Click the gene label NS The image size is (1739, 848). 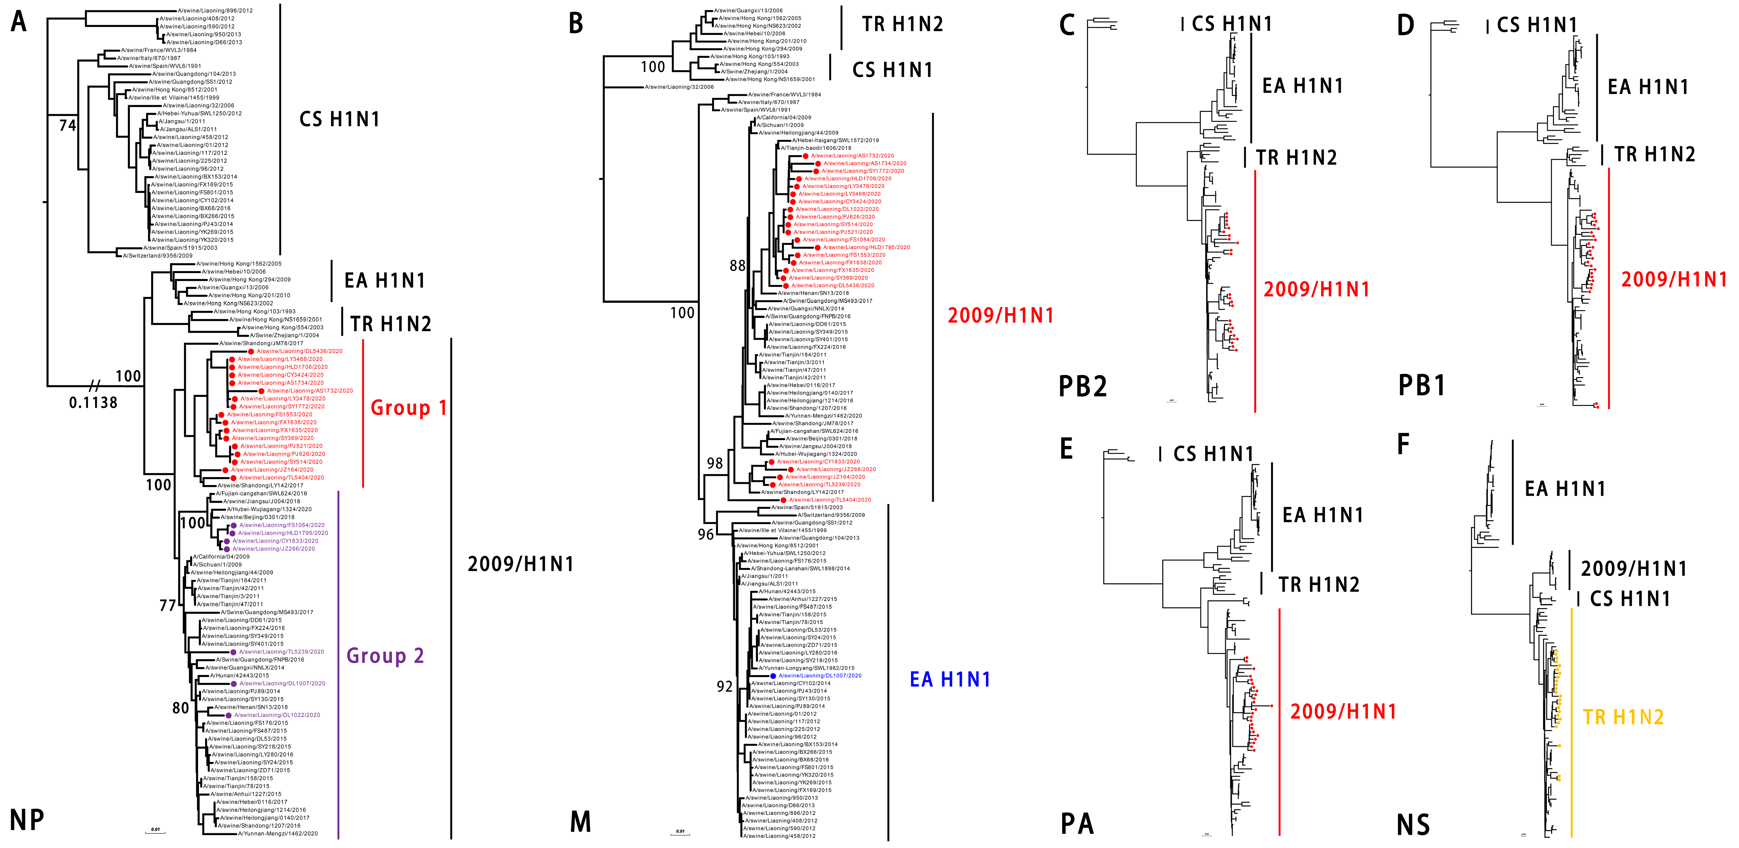click(x=1414, y=825)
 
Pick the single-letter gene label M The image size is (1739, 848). click(x=581, y=822)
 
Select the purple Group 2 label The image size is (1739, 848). click(x=385, y=655)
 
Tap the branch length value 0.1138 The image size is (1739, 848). click(x=93, y=402)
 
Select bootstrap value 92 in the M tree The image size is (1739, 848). click(x=724, y=687)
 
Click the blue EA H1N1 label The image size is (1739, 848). click(x=950, y=679)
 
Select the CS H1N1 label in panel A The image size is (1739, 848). click(x=340, y=119)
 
